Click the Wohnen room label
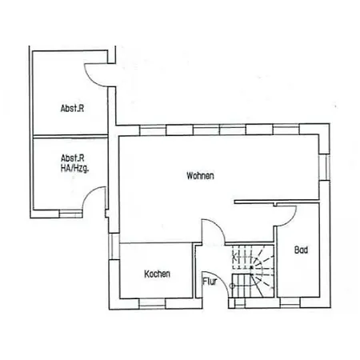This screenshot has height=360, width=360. point(200,176)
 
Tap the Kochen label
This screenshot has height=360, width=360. point(157,274)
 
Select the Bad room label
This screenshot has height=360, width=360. point(301,250)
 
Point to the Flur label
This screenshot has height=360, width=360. point(210,282)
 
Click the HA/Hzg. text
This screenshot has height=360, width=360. point(75,169)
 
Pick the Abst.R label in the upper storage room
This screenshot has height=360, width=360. point(72,108)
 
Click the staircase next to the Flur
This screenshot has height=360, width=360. point(253,271)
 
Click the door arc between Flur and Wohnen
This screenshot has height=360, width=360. point(219,226)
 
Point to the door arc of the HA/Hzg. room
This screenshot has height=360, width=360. point(88,194)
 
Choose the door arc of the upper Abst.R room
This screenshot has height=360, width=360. point(90,80)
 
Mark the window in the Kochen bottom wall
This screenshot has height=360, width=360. point(152,303)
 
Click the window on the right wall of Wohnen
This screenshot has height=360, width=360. point(325,167)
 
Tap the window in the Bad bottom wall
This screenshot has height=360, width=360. point(290,302)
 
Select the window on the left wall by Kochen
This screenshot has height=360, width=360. point(114,246)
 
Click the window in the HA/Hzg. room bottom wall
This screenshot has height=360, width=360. point(70,214)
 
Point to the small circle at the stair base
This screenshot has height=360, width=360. point(232,286)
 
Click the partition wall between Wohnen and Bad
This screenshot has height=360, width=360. point(277,202)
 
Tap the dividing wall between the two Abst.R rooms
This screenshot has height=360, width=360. point(70,136)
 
